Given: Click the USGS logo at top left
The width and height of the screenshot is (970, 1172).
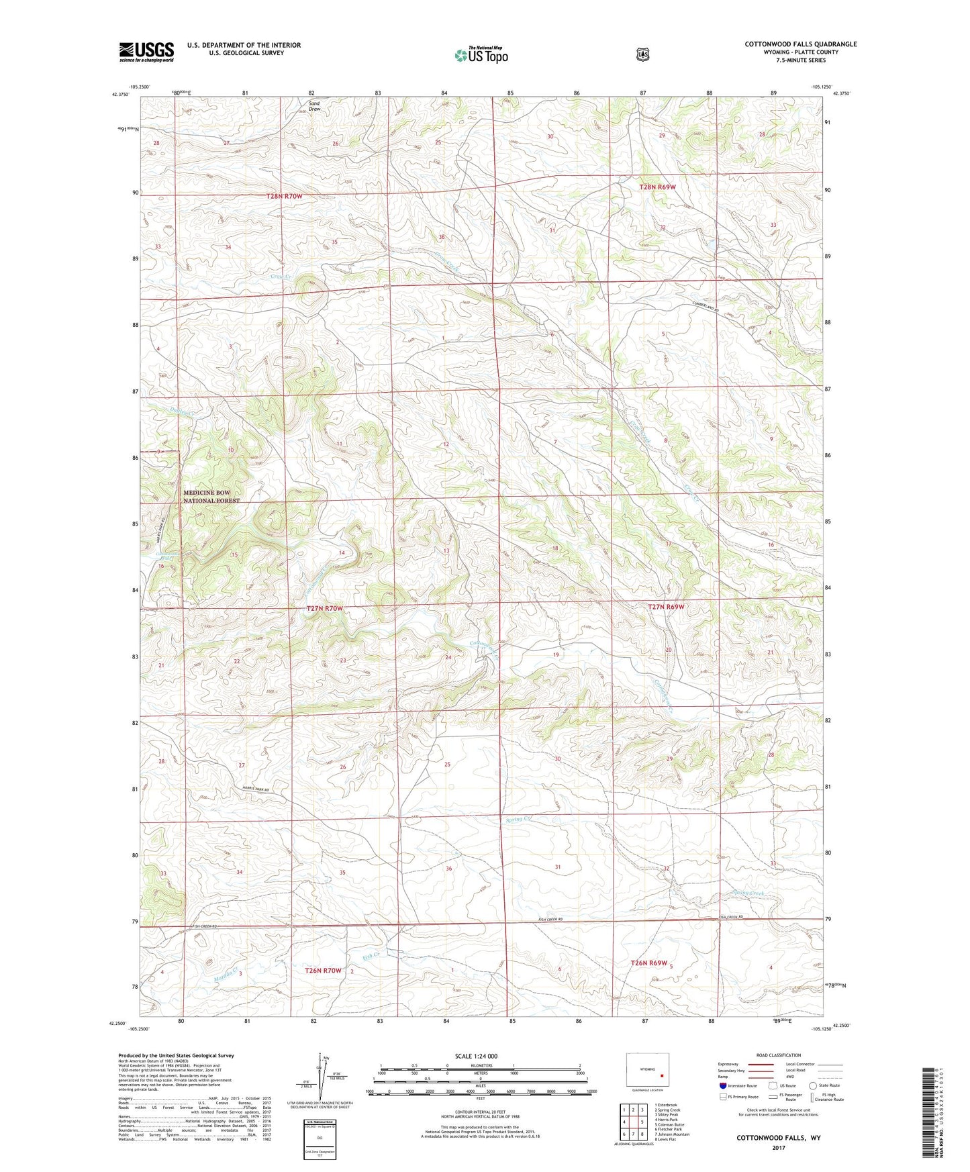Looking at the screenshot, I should coord(146,52).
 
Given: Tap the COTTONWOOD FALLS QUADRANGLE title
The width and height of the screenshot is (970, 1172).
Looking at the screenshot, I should coord(800,44).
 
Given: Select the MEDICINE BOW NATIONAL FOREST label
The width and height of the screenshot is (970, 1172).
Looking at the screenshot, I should coord(211,497).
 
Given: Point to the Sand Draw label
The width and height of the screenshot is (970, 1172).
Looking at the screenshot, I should coord(313,106).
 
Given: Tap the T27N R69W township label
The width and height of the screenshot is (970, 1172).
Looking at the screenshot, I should coord(666,607).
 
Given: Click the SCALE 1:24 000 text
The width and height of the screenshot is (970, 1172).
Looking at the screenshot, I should coord(476,1056).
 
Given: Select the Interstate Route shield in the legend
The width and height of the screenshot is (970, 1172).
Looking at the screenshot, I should coord(723,1085).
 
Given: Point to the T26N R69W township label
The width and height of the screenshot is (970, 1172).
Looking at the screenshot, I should coord(648,963).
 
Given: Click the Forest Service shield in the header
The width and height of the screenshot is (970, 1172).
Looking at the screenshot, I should coord(642,54).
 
